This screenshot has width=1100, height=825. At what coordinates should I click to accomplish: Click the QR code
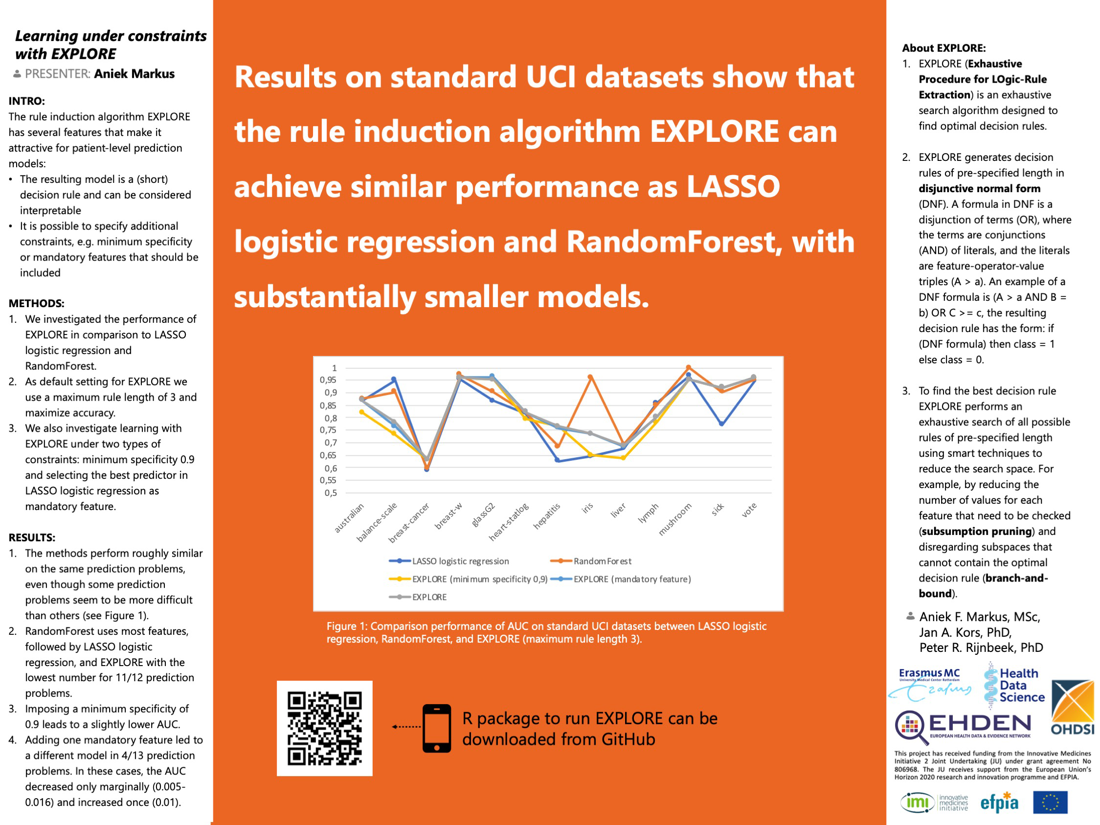[x=324, y=728]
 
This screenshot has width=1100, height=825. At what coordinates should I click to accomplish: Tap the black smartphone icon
[x=437, y=728]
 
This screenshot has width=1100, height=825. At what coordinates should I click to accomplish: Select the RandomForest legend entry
[x=602, y=561]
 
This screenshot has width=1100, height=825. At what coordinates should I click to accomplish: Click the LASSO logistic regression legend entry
[x=460, y=561]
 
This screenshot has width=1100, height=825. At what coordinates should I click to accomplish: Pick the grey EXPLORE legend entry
[x=428, y=597]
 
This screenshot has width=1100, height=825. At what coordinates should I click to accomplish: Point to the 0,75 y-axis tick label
[x=328, y=430]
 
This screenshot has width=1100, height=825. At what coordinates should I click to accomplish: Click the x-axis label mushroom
[x=675, y=519]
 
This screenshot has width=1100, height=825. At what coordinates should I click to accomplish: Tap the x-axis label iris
[x=587, y=508]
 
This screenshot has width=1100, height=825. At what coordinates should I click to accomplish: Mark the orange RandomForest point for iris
[x=590, y=377]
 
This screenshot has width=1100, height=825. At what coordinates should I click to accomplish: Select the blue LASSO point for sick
[x=721, y=424]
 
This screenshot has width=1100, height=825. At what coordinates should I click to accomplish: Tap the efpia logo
[x=999, y=802]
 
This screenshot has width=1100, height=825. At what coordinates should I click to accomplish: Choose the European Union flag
[x=1050, y=802]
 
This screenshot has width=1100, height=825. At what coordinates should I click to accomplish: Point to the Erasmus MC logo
[x=929, y=684]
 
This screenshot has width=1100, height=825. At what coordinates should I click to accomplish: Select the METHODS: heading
[x=36, y=303]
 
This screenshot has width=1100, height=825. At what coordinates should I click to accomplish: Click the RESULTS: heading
[x=32, y=537]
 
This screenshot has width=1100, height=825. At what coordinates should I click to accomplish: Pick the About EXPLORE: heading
[x=943, y=48]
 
